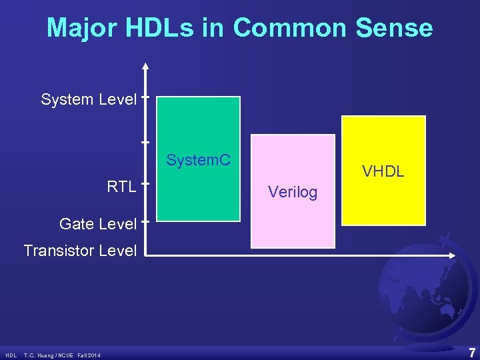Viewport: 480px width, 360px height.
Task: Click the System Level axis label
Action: (89, 100)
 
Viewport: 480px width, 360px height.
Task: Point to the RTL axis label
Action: (122, 186)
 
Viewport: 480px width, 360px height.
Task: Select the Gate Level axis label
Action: (97, 224)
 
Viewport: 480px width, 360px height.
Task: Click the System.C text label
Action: (199, 161)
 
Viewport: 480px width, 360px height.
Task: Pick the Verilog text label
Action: (293, 193)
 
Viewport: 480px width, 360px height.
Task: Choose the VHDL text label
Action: (383, 171)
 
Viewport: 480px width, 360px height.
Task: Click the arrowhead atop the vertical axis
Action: (145, 66)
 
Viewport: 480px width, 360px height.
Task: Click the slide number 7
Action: (471, 353)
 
